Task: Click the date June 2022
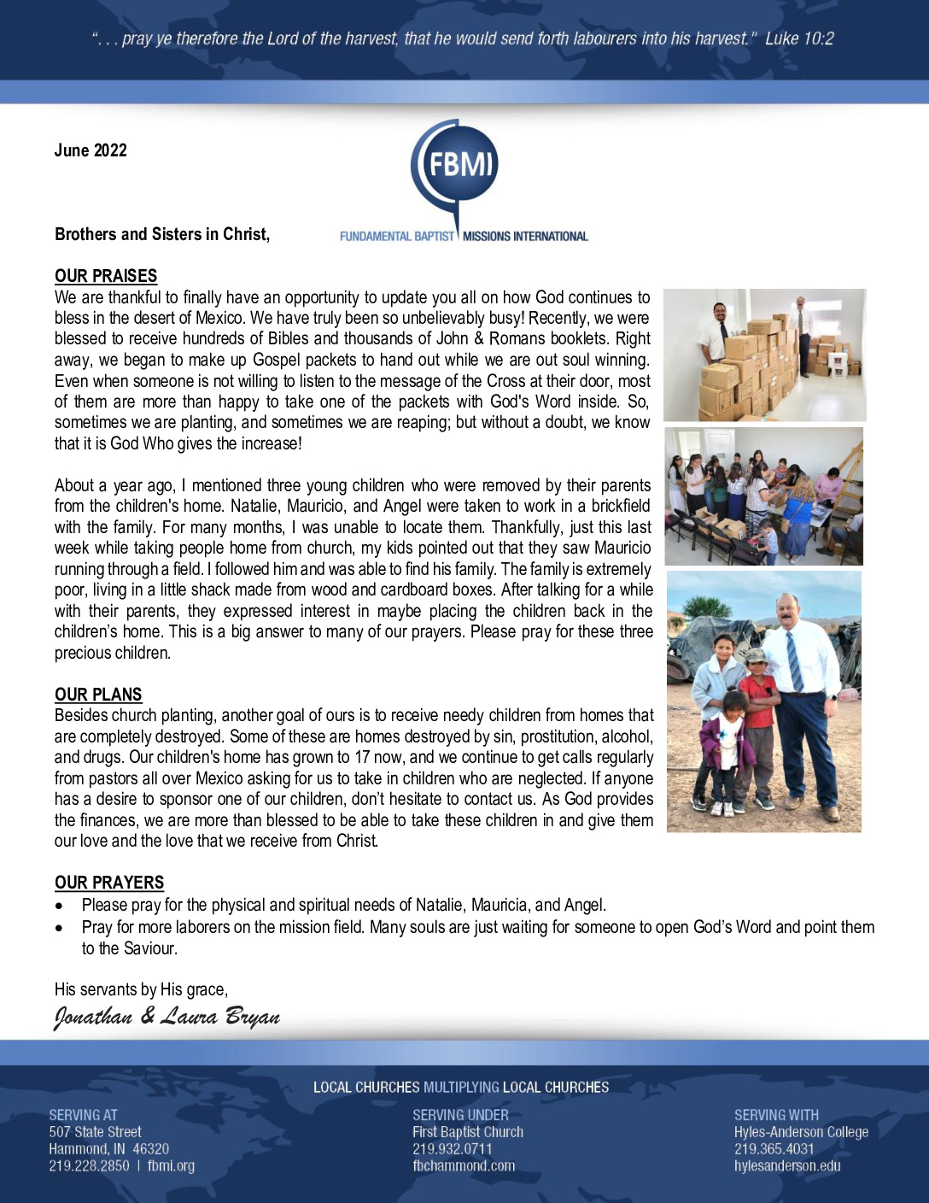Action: [x=91, y=150]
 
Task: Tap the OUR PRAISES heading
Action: [x=106, y=276]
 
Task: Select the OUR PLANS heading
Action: [x=98, y=695]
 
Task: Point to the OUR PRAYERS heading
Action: [x=109, y=883]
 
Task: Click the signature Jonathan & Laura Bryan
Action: [x=167, y=1016]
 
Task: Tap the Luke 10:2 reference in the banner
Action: [x=799, y=38]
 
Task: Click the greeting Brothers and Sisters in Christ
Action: [x=162, y=234]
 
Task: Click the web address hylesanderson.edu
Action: [x=787, y=1165]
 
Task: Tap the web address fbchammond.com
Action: [x=464, y=1165]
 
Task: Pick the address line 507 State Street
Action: [x=95, y=1132]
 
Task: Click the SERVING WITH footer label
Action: [x=776, y=1115]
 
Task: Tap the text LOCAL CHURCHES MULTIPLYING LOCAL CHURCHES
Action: [x=461, y=1087]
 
